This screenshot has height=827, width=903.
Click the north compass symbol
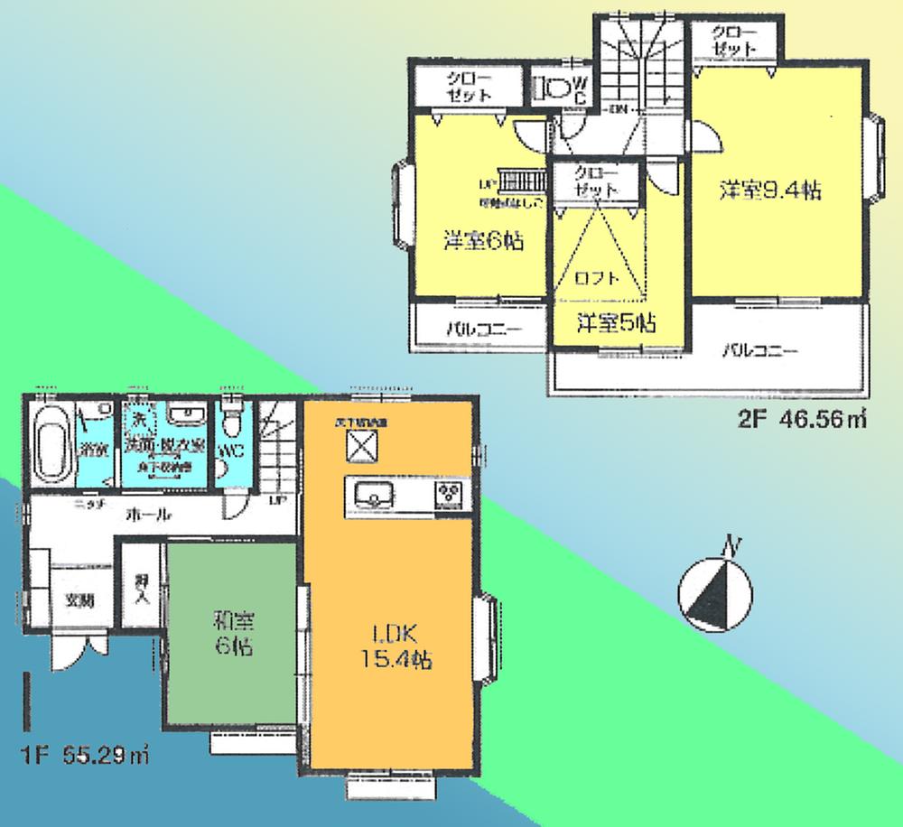714,591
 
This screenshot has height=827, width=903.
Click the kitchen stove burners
449,494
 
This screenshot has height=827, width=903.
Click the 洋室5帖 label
616,322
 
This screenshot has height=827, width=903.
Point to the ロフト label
597,279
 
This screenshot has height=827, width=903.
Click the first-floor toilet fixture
233,420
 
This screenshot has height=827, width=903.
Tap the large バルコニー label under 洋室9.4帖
759,350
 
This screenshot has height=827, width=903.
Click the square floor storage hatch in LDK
361,445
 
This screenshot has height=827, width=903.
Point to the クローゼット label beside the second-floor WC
468,88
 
